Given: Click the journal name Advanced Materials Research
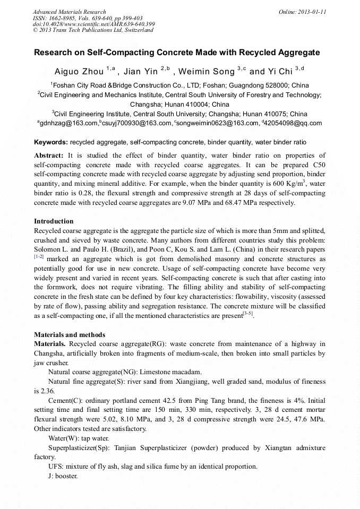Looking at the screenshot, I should click(69, 12).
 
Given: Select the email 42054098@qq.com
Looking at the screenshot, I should click(294, 124).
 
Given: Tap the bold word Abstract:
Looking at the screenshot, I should click(49, 155).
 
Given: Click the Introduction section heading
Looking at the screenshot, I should click(54, 221).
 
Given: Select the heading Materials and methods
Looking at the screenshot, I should click(70, 335).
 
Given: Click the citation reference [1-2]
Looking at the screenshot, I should click(39, 257).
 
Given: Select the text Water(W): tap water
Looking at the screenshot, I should click(79, 438).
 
